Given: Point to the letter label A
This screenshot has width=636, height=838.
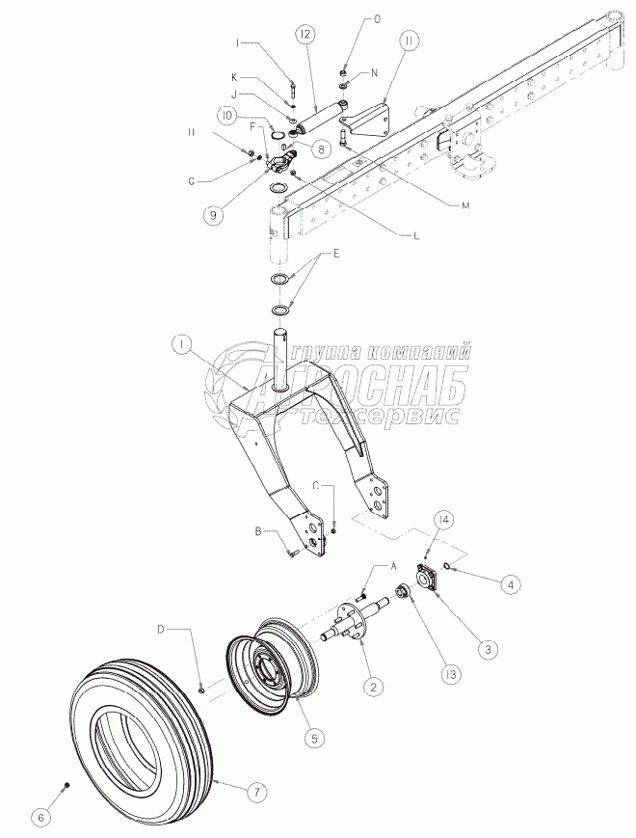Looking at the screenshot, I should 393,568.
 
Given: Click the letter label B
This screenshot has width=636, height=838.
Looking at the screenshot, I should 258,531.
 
